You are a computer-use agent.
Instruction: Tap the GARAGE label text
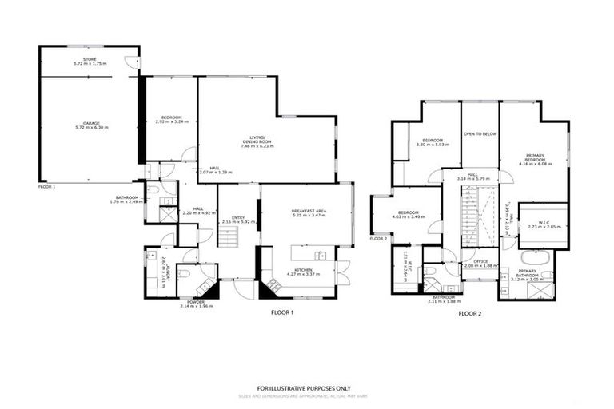pos(90,125)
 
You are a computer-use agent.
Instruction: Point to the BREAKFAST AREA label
pos(309,212)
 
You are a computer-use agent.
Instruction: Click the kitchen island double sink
pos(320,256)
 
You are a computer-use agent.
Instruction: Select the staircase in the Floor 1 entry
pos(229,236)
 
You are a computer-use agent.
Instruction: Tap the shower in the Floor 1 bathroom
pos(168,214)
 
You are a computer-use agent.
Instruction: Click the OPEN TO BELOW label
pos(480,134)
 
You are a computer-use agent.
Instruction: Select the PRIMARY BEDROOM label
pos(535,157)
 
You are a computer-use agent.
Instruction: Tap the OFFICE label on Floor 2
pos(480,261)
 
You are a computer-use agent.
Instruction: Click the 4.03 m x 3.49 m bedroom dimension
pos(409,217)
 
